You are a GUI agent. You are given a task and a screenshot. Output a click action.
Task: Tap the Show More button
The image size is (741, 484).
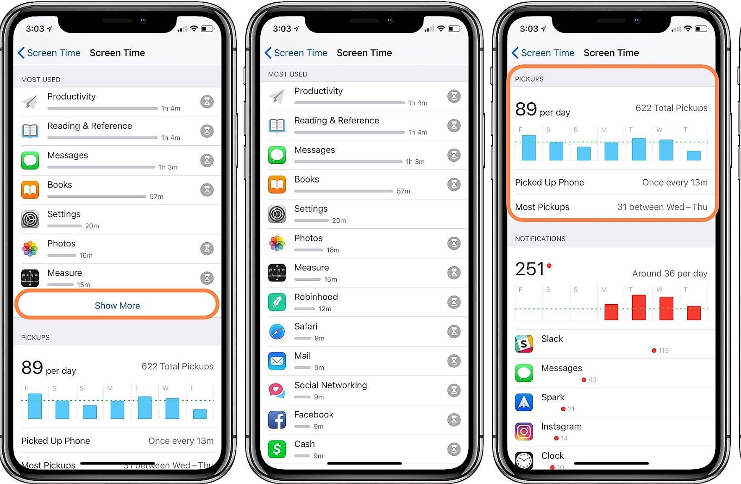[x=117, y=306]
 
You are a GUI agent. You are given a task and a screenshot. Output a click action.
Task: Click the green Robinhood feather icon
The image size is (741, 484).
[x=277, y=302]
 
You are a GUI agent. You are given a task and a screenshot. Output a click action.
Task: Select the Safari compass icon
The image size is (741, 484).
[x=277, y=332]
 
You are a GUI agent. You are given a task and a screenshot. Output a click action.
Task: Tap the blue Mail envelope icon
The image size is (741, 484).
[x=277, y=361]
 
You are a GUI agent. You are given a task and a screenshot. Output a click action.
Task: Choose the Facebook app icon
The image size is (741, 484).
[x=277, y=420]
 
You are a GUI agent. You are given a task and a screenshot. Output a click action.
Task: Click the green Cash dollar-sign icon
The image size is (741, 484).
[x=277, y=449]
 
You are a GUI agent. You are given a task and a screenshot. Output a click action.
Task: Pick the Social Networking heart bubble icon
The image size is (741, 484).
[x=277, y=390]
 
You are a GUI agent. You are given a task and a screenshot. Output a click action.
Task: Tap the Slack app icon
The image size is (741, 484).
[x=524, y=344]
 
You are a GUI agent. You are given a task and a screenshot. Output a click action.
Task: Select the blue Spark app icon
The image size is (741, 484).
[x=524, y=402]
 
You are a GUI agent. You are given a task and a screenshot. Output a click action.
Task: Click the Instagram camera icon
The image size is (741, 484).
[x=524, y=432]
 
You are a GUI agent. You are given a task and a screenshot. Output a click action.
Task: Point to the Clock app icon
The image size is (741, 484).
[x=524, y=460]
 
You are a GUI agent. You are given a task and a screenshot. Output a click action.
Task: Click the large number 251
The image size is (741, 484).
[x=530, y=269]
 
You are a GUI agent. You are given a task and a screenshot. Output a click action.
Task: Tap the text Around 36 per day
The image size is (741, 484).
[x=669, y=274]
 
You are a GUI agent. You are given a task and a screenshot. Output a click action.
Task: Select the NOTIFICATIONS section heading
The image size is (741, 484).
[x=540, y=239]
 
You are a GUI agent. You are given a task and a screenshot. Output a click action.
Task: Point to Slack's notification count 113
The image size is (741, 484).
[x=663, y=351]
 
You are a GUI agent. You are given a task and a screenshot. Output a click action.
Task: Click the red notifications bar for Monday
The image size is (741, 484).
[x=611, y=312]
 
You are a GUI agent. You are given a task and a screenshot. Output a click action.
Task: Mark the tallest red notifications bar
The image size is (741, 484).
[x=639, y=308]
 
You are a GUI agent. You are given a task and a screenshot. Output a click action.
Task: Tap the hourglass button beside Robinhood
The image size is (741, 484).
[x=454, y=302]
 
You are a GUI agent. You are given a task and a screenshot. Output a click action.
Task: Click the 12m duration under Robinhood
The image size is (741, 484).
[x=325, y=309]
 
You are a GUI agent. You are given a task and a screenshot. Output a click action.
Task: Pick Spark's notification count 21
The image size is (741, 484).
[x=571, y=409]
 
